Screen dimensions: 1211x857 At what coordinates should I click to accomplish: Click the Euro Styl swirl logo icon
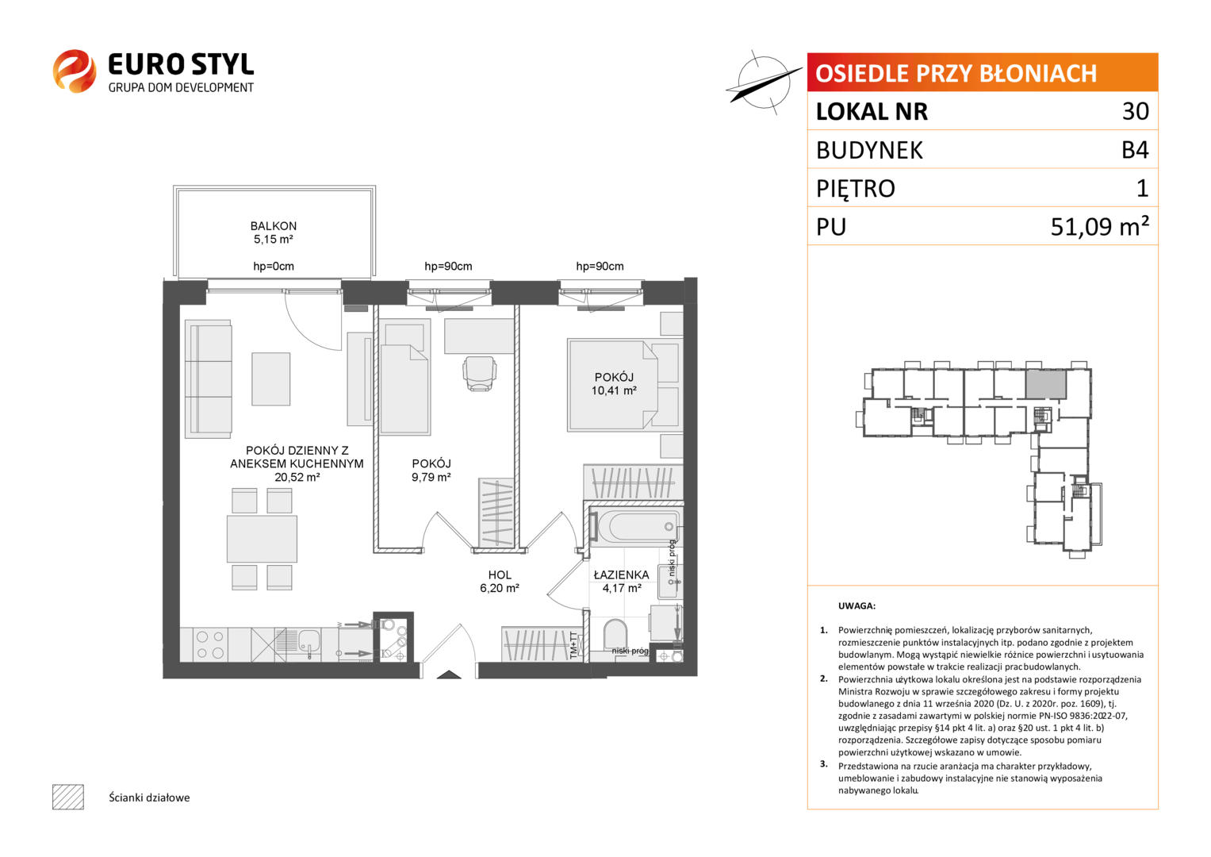click(75, 71)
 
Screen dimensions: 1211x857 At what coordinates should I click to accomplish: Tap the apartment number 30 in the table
click(1136, 111)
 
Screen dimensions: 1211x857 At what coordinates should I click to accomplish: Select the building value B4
click(1135, 150)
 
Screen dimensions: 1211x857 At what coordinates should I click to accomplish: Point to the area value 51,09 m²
click(1100, 226)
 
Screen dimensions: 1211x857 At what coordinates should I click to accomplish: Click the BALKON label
click(273, 225)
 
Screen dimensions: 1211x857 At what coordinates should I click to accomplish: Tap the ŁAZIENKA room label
click(621, 575)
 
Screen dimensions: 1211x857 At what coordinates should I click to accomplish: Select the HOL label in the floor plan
click(500, 575)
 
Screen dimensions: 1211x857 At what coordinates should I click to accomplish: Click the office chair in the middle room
click(480, 373)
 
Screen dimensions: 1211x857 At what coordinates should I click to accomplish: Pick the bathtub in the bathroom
click(636, 526)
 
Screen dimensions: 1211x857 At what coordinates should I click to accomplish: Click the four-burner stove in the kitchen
click(209, 644)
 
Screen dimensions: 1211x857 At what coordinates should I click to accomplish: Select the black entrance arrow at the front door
click(449, 674)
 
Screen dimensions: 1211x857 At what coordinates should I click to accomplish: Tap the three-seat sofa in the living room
click(208, 379)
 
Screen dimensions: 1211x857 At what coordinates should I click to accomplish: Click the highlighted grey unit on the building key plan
click(1046, 384)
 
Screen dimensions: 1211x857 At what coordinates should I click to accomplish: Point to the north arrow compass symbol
click(764, 83)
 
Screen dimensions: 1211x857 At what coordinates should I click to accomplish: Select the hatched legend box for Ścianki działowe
click(68, 797)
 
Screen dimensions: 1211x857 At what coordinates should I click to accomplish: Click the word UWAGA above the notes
click(857, 606)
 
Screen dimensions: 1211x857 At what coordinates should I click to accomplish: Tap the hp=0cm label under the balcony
click(274, 266)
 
